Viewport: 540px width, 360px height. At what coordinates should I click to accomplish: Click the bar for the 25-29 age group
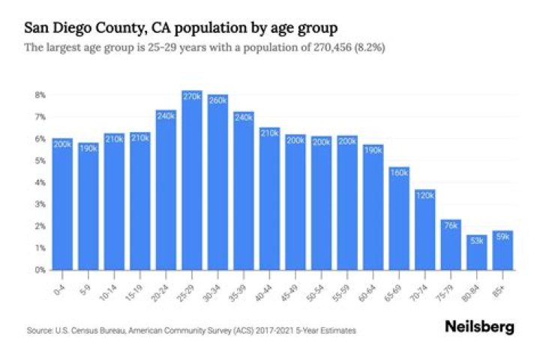[x=192, y=180]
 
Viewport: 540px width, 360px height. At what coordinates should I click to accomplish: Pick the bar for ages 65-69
[x=400, y=217]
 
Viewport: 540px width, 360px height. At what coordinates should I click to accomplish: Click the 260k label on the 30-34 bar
[x=217, y=100]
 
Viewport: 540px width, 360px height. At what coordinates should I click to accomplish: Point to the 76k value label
[x=451, y=225]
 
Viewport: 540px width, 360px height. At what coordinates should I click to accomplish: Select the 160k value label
[x=400, y=172]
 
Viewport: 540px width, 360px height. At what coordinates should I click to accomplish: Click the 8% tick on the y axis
[x=40, y=95]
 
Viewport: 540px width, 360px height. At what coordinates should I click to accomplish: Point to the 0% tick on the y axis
[x=40, y=269]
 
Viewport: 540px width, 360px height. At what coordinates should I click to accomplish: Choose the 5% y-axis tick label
[x=40, y=160]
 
